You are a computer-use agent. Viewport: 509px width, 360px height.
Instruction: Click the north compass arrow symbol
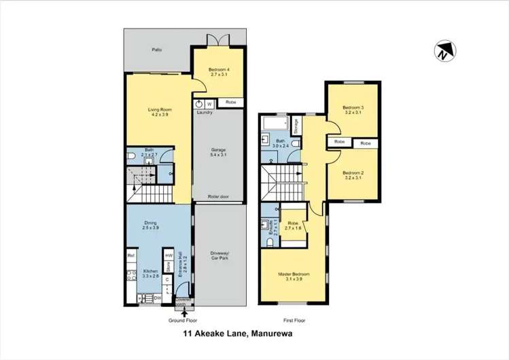[x=444, y=51]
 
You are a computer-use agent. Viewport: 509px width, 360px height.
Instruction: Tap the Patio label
[x=156, y=50]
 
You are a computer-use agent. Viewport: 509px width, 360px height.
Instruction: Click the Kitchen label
[x=150, y=274]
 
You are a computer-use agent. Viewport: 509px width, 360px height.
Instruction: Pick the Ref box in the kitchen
[x=130, y=255]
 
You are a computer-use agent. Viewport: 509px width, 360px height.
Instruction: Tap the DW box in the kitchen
[x=157, y=298]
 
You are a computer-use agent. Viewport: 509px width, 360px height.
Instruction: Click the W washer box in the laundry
[x=209, y=104]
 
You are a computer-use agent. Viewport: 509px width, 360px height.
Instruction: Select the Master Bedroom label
[x=293, y=277]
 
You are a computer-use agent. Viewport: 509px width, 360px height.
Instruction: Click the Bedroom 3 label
[x=353, y=110]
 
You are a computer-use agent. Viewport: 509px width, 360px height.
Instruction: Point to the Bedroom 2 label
[x=353, y=175]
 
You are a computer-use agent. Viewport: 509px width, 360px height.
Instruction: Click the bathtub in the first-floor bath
[x=276, y=124]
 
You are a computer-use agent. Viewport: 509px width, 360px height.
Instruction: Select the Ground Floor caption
[x=182, y=319]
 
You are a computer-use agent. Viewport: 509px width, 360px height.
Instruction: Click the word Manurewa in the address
[x=280, y=334]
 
